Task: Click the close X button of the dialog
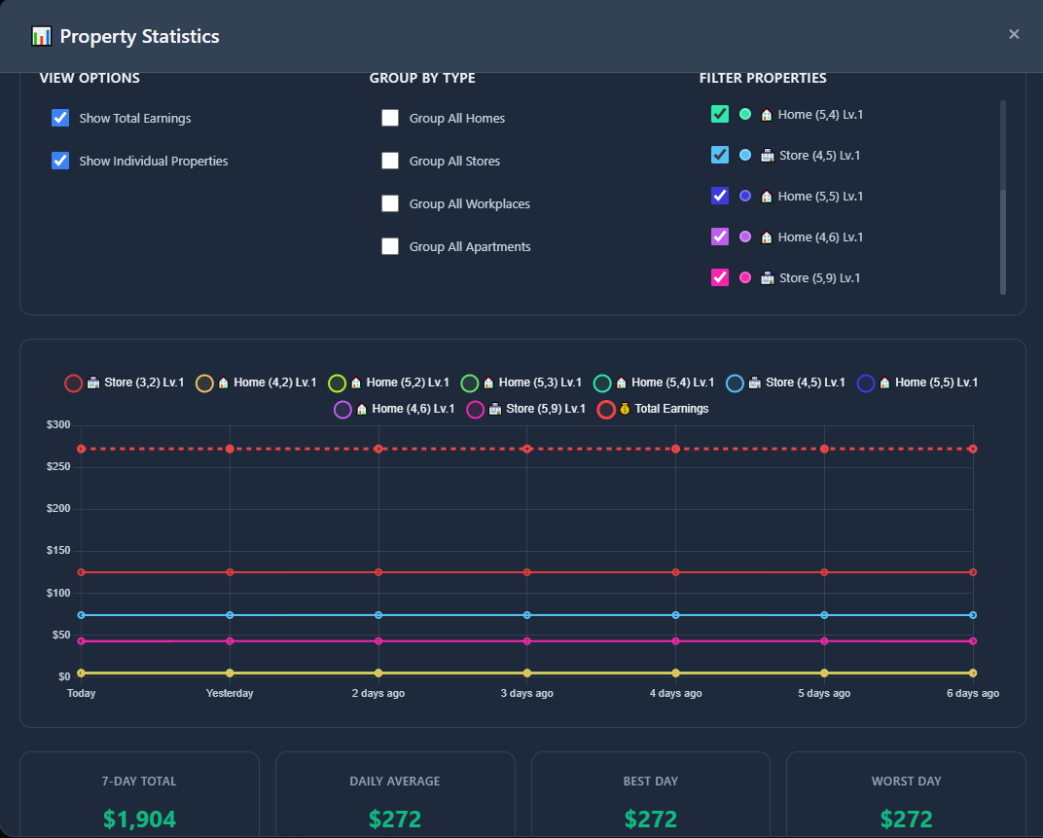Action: coord(1014,34)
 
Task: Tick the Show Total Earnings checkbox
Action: coord(60,118)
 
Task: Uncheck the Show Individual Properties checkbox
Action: coord(60,161)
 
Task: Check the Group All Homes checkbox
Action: coord(390,118)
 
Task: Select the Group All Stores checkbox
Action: coord(390,161)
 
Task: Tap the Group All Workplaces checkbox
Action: coord(390,203)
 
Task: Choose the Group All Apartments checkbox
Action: coord(390,246)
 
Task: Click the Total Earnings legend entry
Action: coord(653,409)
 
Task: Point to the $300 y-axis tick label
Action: coord(58,424)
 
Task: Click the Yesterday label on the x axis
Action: coord(230,693)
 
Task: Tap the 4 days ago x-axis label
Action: coord(676,693)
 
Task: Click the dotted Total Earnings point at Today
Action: coord(81,450)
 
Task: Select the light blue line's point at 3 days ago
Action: coord(526,615)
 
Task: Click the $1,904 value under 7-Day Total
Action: coord(140,819)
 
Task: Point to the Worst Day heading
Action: coord(906,782)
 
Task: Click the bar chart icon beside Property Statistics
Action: coord(41,36)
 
